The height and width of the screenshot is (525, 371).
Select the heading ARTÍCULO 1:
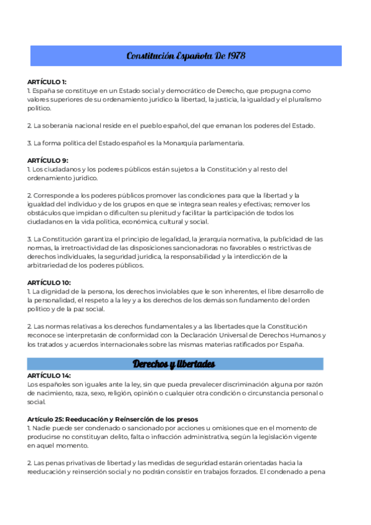47,82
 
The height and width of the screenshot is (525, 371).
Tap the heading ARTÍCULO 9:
47,160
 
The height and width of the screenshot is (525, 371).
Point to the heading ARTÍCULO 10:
48,282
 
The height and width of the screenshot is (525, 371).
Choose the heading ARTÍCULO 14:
49,376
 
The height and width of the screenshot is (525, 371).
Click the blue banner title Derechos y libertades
174,363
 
